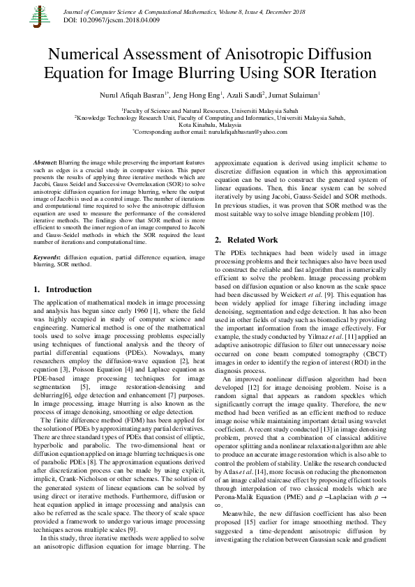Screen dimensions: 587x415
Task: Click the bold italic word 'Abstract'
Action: pos(45,161)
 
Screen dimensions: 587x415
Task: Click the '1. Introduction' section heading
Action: pos(63,289)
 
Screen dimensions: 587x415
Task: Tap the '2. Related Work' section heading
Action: pos(246,239)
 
